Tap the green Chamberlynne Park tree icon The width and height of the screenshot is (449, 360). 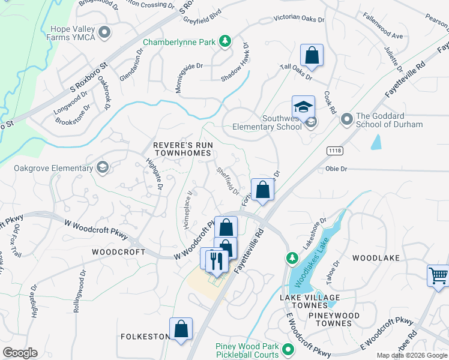pyautogui.click(x=225, y=41)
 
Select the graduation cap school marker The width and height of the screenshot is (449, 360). pyautogui.click(x=303, y=107)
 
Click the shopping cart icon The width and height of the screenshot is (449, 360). pyautogui.click(x=439, y=276)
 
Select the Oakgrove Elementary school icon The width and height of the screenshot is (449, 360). pyautogui.click(x=102, y=167)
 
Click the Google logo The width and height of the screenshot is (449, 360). pyautogui.click(x=20, y=353)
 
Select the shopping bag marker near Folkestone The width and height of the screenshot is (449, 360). pyautogui.click(x=181, y=329)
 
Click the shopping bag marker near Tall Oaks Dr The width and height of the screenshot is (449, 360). pyautogui.click(x=312, y=56)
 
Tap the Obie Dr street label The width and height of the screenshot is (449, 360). pyautogui.click(x=336, y=169)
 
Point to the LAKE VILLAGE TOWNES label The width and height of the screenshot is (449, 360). pyautogui.click(x=310, y=302)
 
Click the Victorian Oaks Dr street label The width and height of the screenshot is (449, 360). pyautogui.click(x=299, y=19)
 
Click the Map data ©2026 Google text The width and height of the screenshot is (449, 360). pyautogui.click(x=412, y=355)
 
